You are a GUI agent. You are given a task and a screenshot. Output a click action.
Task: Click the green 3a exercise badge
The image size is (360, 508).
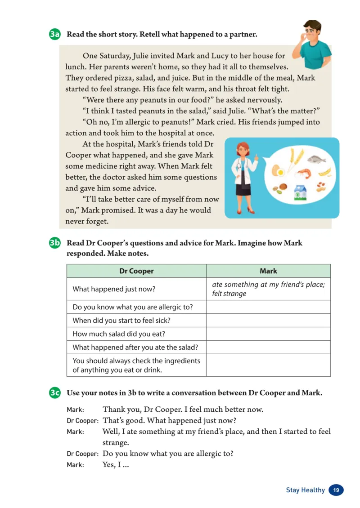click(x=54, y=35)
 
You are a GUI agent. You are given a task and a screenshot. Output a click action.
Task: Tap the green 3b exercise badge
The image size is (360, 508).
click(x=54, y=243)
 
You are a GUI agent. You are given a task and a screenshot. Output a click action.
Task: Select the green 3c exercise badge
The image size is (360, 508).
click(x=54, y=392)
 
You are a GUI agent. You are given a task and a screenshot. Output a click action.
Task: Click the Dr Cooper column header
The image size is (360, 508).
click(x=136, y=271)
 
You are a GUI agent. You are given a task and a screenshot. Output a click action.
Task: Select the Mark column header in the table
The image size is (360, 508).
click(x=268, y=271)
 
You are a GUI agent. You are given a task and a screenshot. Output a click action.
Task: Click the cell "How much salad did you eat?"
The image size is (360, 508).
click(x=117, y=334)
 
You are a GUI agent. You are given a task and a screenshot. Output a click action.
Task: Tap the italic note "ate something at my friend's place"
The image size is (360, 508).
click(x=268, y=285)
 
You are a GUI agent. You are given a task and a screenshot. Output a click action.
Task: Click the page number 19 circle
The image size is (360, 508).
click(x=336, y=490)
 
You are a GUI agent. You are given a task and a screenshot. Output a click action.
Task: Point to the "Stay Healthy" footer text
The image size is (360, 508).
click(x=305, y=490)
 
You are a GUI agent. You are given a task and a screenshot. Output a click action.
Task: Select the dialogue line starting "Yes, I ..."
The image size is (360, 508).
click(x=116, y=465)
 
